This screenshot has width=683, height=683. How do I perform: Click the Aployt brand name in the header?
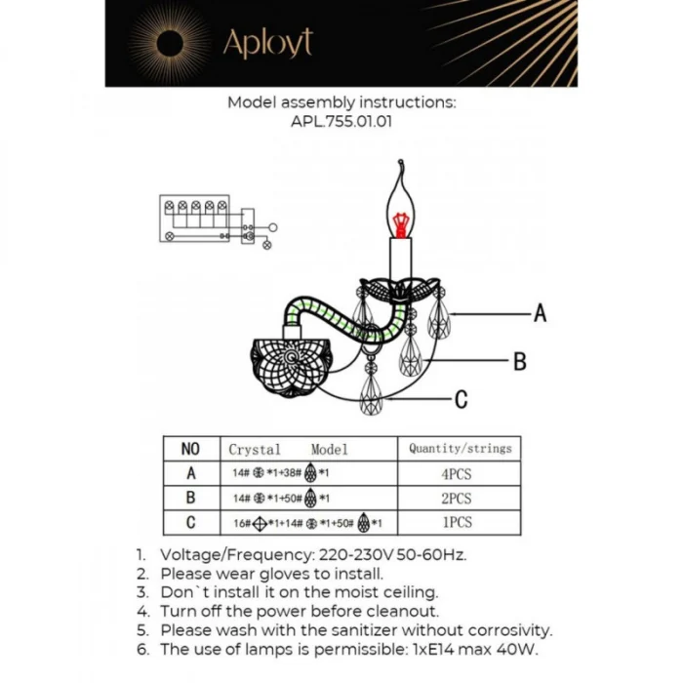[x=267, y=44]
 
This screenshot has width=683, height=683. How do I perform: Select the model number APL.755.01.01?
[x=341, y=123]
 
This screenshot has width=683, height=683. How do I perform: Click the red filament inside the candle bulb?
[x=399, y=222]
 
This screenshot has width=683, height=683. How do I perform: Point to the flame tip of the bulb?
[x=401, y=168]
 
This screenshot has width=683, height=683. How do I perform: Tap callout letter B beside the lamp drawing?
[x=520, y=362]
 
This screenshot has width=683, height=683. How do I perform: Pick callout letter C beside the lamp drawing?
[x=462, y=399]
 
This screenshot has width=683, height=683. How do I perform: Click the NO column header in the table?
[x=190, y=449]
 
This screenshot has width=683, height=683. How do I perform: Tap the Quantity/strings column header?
[x=460, y=449]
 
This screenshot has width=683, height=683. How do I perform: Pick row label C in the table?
[x=190, y=522]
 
